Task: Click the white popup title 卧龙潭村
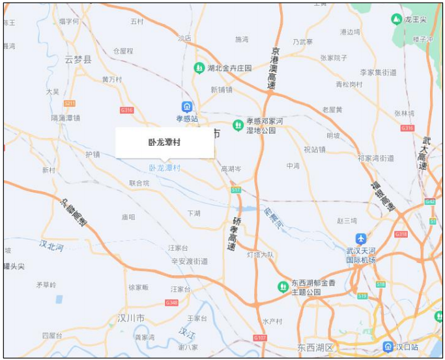pos(164,142)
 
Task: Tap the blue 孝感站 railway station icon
pos(187,107)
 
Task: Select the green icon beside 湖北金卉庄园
pos(199,68)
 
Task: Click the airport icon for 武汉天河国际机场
pos(361,238)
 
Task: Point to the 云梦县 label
pos(79,59)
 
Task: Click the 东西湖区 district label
pos(315,346)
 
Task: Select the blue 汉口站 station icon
pos(388,346)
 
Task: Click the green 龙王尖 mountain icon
pos(396,20)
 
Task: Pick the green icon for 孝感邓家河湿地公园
pos(238,125)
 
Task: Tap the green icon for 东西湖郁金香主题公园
pos(283,286)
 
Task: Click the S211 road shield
pos(70,104)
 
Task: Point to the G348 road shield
pos(171,303)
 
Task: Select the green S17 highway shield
pos(236,190)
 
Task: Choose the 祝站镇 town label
pos(314,149)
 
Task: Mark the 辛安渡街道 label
pos(189,261)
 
